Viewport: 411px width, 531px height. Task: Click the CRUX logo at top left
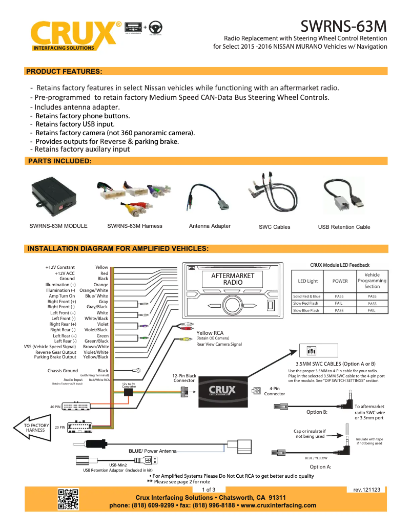click(72, 35)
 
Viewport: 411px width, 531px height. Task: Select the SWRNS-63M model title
click(343, 26)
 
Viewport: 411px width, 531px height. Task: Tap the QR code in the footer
click(68, 499)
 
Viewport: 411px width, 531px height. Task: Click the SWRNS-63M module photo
click(53, 197)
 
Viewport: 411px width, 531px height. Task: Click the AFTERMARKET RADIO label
click(233, 279)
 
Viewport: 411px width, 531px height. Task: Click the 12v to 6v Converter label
click(129, 385)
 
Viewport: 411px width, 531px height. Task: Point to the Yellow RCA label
click(210, 333)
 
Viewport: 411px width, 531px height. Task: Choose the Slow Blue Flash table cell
click(306, 310)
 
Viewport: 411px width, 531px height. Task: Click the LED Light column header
click(307, 281)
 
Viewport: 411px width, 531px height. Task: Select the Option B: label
click(317, 412)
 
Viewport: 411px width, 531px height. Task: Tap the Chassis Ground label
click(63, 371)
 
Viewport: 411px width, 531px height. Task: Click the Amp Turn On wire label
click(61, 296)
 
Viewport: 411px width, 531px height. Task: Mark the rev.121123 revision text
click(366, 490)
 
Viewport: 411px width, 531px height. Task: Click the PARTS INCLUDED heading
click(59, 161)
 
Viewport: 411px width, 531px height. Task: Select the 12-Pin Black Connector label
click(184, 378)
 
